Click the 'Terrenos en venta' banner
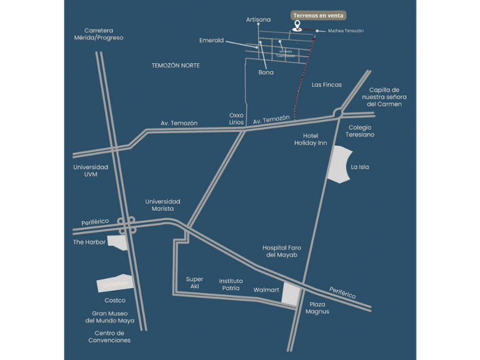click(x=319, y=15)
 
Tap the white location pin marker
click(x=297, y=26)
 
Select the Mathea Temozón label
click(x=346, y=31)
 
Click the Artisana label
click(x=258, y=19)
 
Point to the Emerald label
click(x=211, y=41)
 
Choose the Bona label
click(x=266, y=73)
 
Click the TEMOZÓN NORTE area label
click(x=176, y=66)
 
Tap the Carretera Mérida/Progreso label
click(x=103, y=34)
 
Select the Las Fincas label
click(x=327, y=85)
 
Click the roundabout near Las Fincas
click(x=339, y=113)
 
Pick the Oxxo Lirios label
click(x=237, y=118)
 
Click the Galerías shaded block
click(x=112, y=284)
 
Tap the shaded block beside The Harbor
click(x=118, y=242)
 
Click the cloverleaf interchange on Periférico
click(x=126, y=224)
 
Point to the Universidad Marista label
click(x=162, y=205)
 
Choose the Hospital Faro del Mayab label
click(x=281, y=251)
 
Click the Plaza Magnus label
click(x=317, y=308)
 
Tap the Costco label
click(x=115, y=300)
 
